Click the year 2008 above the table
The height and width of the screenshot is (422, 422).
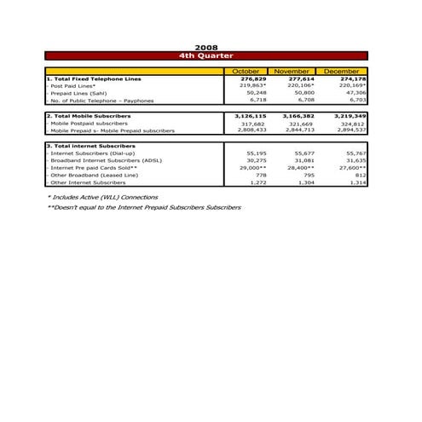(206, 47)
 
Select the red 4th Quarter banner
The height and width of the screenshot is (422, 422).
(206, 55)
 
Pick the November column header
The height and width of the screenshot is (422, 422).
(292, 71)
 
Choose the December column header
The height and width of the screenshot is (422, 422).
(340, 71)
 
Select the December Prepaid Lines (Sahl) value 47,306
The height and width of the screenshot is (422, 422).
(352, 93)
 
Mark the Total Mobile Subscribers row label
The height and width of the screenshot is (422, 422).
(89, 115)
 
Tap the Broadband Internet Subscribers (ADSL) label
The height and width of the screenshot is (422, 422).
(105, 160)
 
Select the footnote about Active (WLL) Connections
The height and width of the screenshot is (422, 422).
(102, 197)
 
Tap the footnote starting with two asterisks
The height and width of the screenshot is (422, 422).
(144, 207)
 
